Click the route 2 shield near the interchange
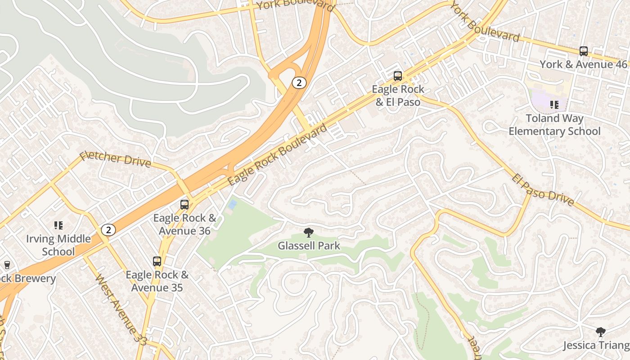point(299,82)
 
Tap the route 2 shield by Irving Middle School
point(108,230)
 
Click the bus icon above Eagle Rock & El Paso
point(398,76)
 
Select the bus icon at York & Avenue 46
point(584,51)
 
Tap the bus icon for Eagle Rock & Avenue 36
point(184,205)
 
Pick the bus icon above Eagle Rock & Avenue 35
point(157,261)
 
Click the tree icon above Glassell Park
point(309,233)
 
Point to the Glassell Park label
point(309,246)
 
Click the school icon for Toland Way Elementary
point(554,105)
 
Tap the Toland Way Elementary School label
point(554,125)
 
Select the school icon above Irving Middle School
point(58,225)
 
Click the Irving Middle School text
point(58,245)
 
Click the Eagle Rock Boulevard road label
point(278,155)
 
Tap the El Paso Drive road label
point(543,190)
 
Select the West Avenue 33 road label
point(121,309)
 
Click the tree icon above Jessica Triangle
point(600,332)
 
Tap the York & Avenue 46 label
point(583,64)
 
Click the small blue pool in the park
point(232,205)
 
